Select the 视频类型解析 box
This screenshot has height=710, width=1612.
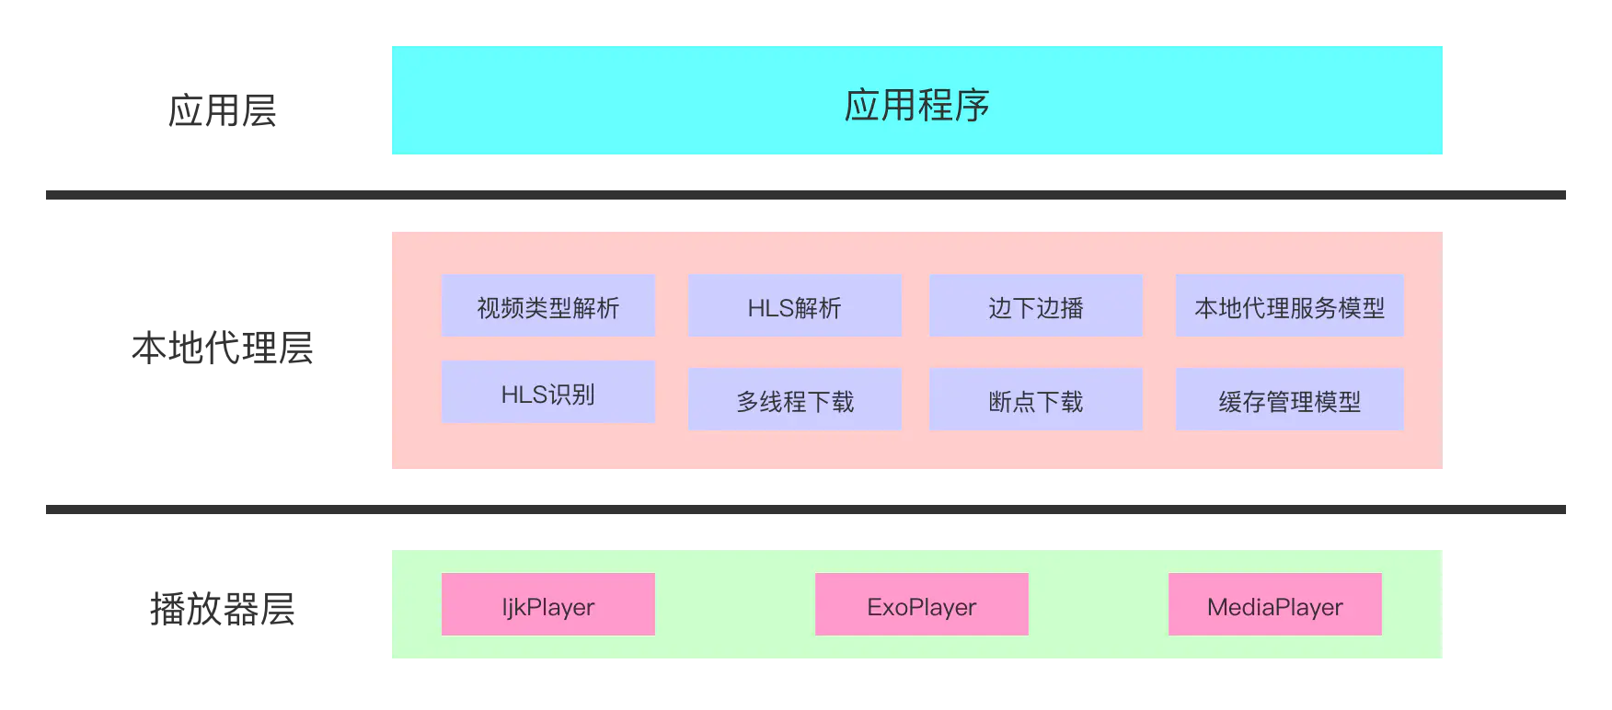pyautogui.click(x=547, y=306)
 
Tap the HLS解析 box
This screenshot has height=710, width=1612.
pyautogui.click(x=794, y=306)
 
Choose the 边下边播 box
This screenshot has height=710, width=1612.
pyautogui.click(x=1035, y=306)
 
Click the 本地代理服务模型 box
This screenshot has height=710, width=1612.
pyautogui.click(x=1289, y=306)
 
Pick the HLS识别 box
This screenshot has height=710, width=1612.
pyautogui.click(x=547, y=393)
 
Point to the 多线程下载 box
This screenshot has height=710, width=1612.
pyautogui.click(x=794, y=400)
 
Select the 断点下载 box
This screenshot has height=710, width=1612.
pyautogui.click(x=1035, y=400)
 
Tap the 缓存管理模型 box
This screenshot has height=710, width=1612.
pyautogui.click(x=1289, y=400)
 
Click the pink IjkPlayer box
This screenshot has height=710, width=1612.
pyautogui.click(x=547, y=605)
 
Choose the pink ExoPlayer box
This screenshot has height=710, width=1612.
pyautogui.click(x=921, y=605)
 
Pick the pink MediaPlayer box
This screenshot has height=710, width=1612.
pyautogui.click(x=1274, y=605)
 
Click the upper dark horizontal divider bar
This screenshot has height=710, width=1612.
pyautogui.click(x=805, y=195)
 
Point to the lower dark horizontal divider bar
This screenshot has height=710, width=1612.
pyautogui.click(x=805, y=508)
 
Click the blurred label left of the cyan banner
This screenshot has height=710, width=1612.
pyautogui.click(x=221, y=110)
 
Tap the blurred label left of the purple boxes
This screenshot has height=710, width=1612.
pyautogui.click(x=221, y=348)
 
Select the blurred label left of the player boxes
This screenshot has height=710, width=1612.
pyautogui.click(x=221, y=609)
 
